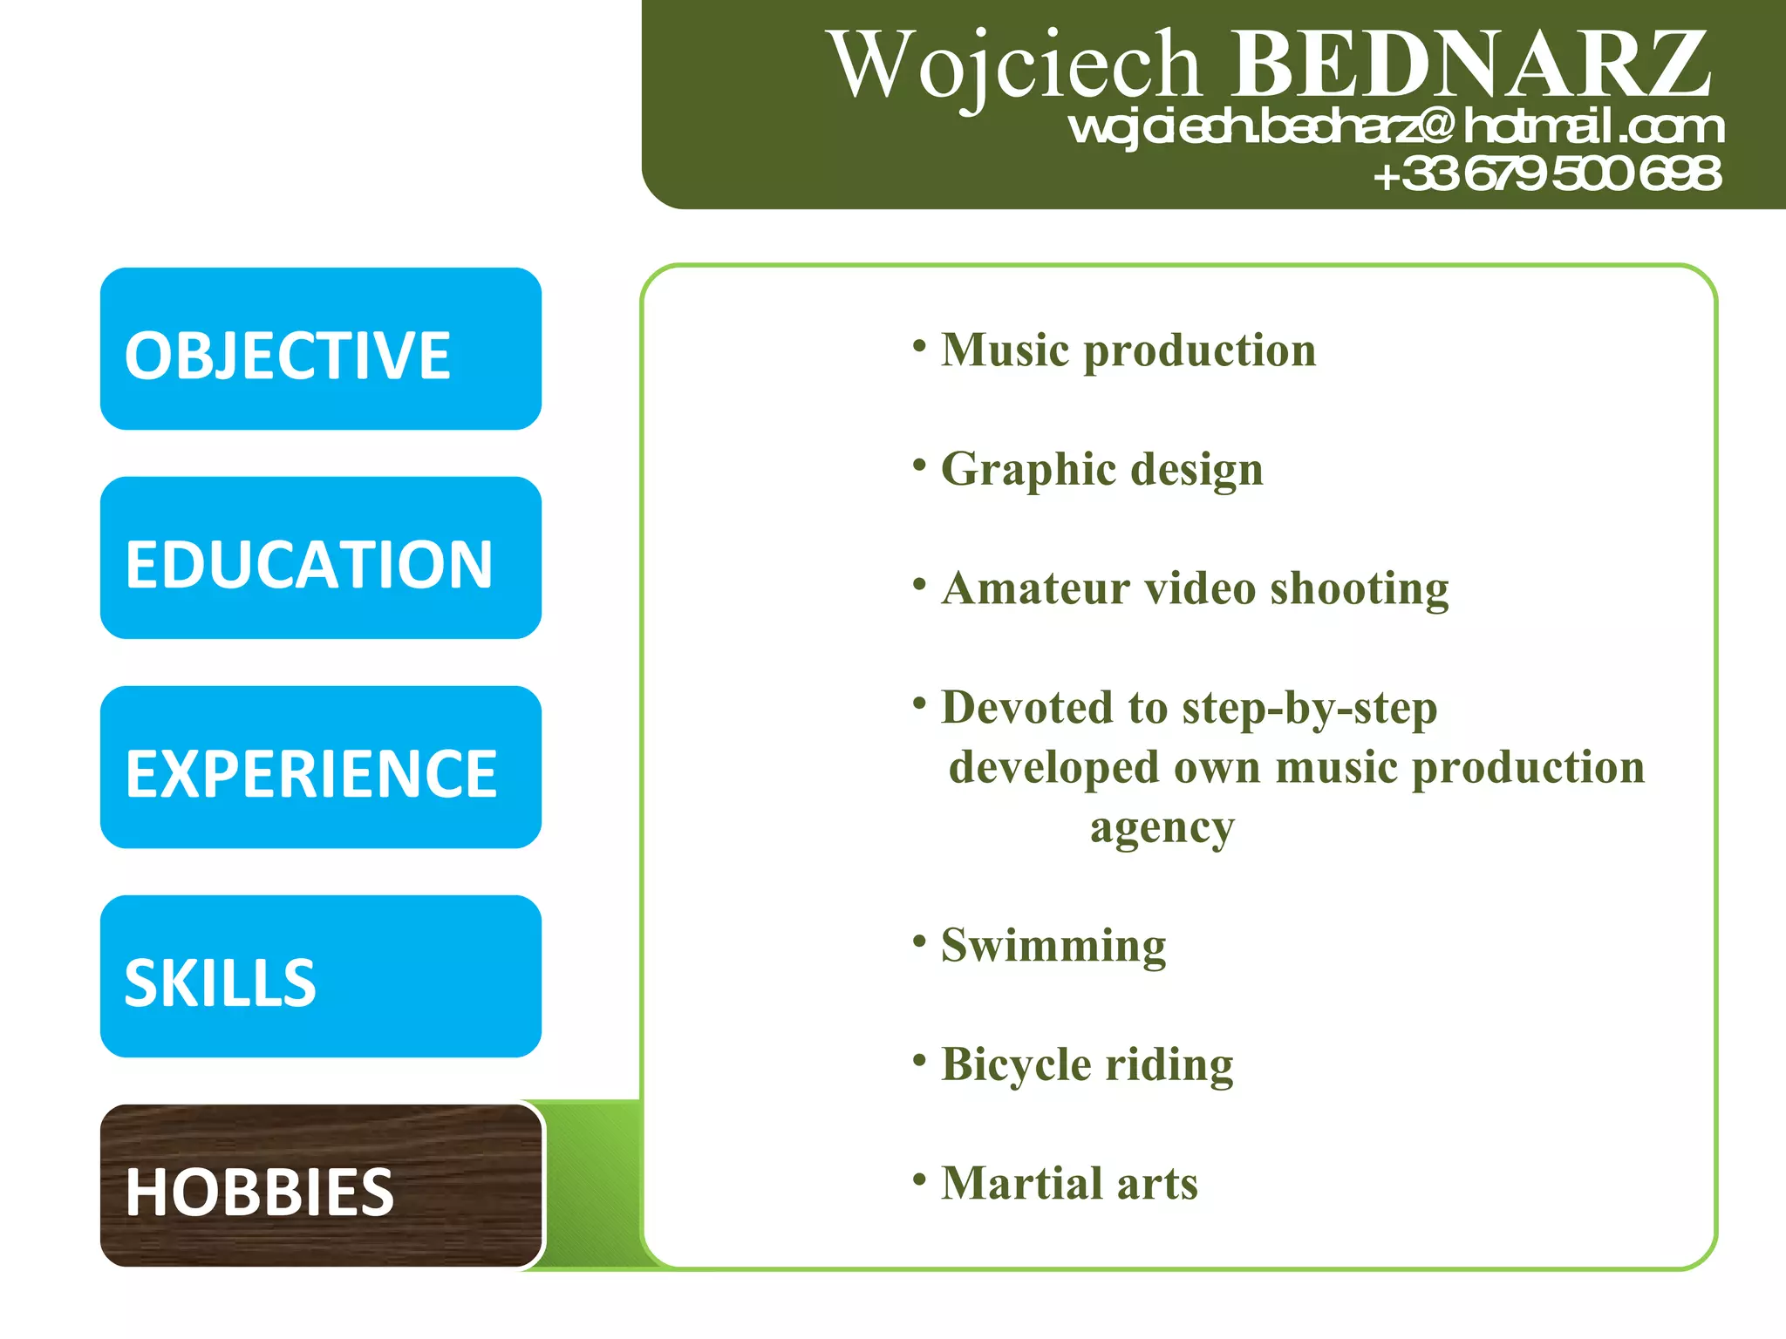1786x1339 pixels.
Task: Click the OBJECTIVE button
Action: pyautogui.click(x=320, y=350)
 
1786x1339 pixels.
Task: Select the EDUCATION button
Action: pyautogui.click(x=320, y=559)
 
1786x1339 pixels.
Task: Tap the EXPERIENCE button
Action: pyautogui.click(x=320, y=768)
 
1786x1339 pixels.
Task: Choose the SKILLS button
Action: pyautogui.click(x=320, y=977)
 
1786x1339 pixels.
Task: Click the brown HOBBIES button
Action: pyautogui.click(x=320, y=1186)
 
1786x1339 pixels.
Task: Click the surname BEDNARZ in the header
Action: pyautogui.click(x=1470, y=65)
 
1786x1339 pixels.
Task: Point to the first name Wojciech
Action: pyautogui.click(x=1017, y=66)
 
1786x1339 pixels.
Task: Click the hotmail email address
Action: pyautogui.click(x=1395, y=127)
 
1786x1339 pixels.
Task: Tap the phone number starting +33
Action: pyautogui.click(x=1547, y=173)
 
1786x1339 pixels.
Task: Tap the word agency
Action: pyautogui.click(x=1162, y=828)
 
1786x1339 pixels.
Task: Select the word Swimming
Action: pyautogui.click(x=1053, y=946)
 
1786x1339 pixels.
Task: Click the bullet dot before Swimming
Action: pyautogui.click(x=918, y=941)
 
